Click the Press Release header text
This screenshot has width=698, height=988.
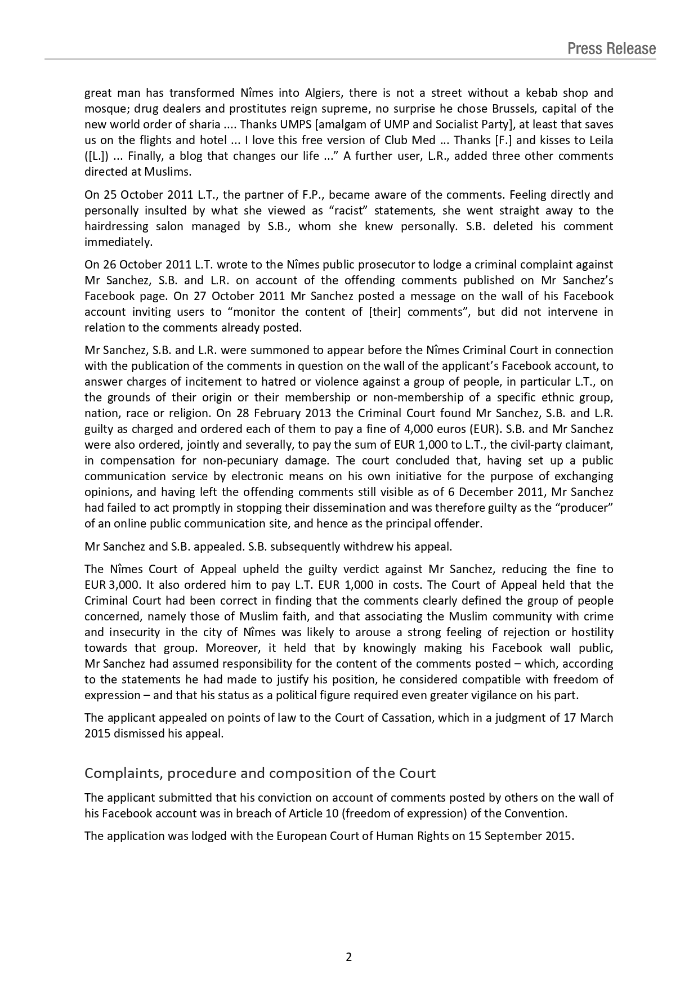point(611,49)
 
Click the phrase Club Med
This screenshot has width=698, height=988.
point(406,140)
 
